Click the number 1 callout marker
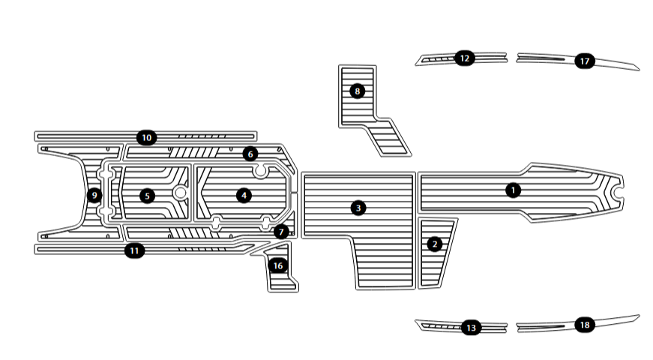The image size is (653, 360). (512, 190)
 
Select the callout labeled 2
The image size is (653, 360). (433, 244)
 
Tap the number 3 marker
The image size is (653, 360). (358, 207)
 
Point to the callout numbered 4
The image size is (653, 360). (243, 195)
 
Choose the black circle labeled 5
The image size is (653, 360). (148, 196)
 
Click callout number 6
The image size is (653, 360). (250, 154)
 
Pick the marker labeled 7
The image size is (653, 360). (280, 232)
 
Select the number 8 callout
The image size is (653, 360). (357, 91)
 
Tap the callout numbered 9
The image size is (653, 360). (94, 196)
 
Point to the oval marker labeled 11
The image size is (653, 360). (134, 250)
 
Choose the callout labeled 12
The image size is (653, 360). (464, 58)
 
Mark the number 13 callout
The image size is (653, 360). (471, 328)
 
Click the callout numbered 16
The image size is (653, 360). (278, 265)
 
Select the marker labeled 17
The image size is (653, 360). (585, 61)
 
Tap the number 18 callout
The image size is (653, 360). (585, 325)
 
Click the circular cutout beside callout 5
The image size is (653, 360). (180, 193)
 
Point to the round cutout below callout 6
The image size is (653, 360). (261, 172)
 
